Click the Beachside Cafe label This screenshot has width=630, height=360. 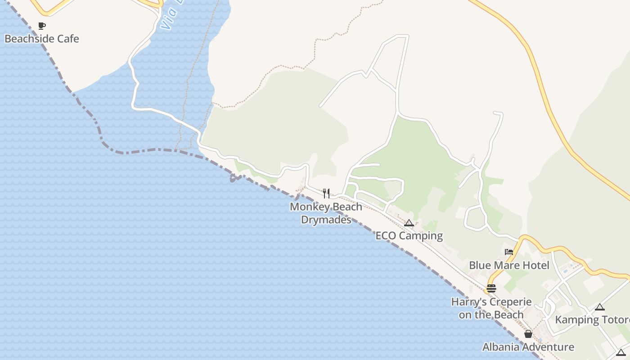42,39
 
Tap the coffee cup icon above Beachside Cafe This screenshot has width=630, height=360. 42,26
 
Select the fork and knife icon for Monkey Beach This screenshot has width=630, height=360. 326,193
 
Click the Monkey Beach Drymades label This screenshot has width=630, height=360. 326,213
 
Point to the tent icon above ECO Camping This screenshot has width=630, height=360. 409,223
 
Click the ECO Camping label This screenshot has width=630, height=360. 409,236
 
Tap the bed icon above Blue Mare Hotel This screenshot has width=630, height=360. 509,252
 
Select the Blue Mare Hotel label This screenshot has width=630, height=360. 509,265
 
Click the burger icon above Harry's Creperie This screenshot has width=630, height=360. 491,288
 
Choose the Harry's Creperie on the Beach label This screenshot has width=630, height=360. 491,308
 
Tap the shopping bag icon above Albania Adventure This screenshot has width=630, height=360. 528,334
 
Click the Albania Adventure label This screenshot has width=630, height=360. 528,347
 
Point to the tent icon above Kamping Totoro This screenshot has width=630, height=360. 599,307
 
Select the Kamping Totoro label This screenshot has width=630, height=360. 592,320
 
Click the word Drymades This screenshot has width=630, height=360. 326,220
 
